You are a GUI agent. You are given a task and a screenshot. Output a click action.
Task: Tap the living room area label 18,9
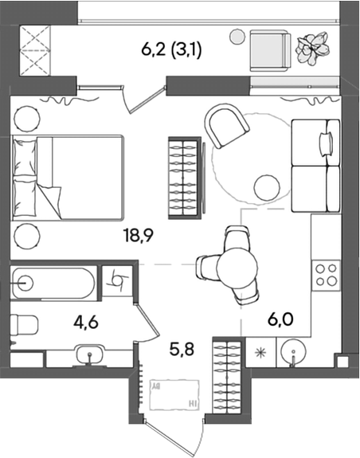pos(139,236)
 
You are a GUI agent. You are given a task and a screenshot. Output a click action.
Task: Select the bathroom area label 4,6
pos(85,323)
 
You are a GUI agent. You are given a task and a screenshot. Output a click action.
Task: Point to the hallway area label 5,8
pos(182,349)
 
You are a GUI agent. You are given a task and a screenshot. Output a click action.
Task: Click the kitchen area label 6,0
pos(280,320)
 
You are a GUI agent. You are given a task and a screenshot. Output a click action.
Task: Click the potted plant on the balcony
pos(312,47)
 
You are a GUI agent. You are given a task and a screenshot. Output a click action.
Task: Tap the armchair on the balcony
pos(270,50)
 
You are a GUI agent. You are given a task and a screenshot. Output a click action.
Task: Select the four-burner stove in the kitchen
pos(327,276)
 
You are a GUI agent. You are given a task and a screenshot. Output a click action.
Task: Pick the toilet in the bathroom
pos(24,325)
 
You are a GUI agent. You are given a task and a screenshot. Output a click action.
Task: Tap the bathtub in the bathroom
pos(53,283)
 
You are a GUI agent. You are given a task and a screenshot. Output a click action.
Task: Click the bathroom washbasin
pos(90,354)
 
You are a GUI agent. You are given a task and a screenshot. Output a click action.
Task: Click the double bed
pos(68,178)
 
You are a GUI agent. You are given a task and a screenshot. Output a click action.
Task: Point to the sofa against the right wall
pos(316,166)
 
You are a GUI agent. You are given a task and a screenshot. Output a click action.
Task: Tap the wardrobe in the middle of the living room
pos(185,178)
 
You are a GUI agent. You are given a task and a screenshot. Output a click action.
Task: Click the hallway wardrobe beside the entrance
pos(228,376)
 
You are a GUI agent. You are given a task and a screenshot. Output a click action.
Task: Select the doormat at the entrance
pos(174,394)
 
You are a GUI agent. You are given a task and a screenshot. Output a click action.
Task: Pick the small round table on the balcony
pos(237,37)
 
